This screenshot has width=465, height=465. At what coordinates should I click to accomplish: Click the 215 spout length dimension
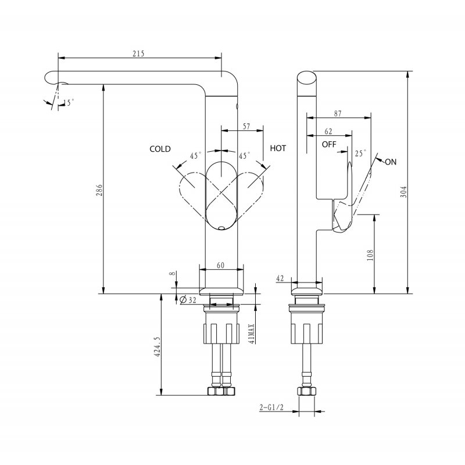pos(138,53)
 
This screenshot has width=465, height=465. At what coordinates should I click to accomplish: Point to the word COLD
pos(160,149)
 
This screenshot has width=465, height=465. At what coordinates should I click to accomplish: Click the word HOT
pos(278,149)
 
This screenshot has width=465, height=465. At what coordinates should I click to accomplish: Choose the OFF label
pos(329,144)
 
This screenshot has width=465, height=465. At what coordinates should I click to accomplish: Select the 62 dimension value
pos(328,131)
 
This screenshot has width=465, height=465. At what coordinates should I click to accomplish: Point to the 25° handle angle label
pos(360,153)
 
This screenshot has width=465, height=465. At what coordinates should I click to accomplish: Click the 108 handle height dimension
pos(370,254)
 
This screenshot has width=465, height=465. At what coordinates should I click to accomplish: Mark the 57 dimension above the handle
pos(246,126)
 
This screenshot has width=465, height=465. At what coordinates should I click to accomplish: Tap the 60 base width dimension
pos(221,265)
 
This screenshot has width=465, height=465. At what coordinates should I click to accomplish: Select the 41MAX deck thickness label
pos(251,334)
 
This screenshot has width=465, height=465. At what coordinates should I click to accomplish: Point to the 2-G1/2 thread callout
pos(272,408)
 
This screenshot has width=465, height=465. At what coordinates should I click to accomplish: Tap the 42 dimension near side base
pos(280,279)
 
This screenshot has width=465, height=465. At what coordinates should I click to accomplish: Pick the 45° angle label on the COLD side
pos(196,156)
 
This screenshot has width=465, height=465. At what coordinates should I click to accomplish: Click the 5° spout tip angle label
pos(70,103)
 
